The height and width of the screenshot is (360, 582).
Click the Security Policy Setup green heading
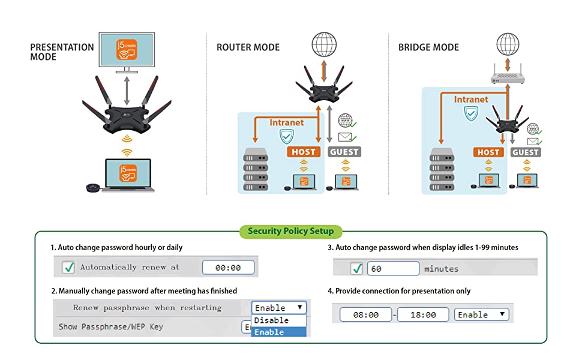[291, 231]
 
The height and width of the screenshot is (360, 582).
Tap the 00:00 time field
[228, 268]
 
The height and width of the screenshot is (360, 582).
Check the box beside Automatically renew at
[68, 268]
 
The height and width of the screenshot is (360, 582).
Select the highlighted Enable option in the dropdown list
[278, 332]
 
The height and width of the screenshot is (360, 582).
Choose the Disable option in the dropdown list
[278, 320]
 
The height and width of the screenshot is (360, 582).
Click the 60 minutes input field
[393, 269]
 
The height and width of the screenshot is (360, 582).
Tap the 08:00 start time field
[365, 314]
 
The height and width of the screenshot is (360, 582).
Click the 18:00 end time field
[422, 314]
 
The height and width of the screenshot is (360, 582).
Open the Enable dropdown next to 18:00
[482, 314]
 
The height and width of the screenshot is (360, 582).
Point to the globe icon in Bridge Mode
[508, 44]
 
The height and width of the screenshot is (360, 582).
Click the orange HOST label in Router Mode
[304, 152]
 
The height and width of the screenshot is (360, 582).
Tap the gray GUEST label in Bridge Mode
[526, 152]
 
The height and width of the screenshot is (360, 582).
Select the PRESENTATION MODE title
[62, 52]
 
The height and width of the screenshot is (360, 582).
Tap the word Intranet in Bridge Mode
[471, 99]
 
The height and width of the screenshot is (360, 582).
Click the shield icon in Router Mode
[286, 137]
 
